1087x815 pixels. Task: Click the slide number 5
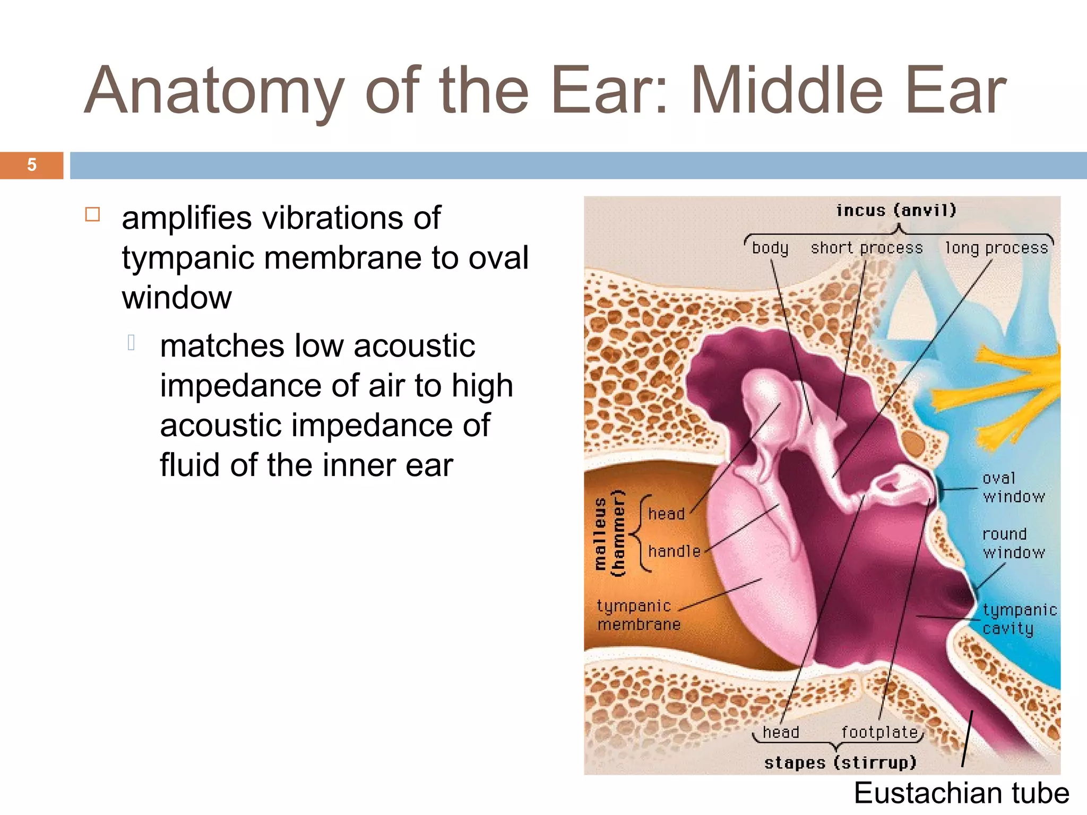pos(32,165)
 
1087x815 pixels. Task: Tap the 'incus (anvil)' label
pos(896,211)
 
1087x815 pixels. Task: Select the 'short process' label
pos(866,248)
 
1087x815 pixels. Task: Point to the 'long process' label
pos(996,248)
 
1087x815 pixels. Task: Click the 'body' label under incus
pos(770,248)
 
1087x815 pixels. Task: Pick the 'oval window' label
pos(1013,487)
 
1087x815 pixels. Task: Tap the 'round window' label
pos(1013,543)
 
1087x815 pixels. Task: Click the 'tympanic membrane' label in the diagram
pos(638,615)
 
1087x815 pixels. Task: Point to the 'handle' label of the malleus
pos(674,551)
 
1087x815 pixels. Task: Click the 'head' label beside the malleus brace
pos(666,514)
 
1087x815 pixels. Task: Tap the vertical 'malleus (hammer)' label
pos(609,533)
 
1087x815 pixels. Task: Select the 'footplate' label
pos(879,733)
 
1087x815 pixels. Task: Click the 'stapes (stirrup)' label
pos(840,762)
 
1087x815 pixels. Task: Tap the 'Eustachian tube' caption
pos(961,793)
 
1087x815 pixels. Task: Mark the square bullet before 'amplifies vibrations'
pos(92,214)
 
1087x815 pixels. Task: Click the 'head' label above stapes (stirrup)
pos(781,733)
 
